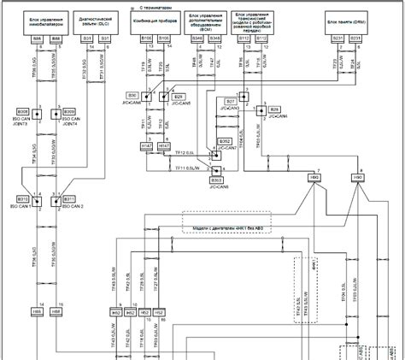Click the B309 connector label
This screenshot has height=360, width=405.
point(69,111)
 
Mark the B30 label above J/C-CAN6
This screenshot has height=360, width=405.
point(132,95)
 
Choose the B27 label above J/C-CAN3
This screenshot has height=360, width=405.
point(229,99)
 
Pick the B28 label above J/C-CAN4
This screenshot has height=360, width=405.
point(274,110)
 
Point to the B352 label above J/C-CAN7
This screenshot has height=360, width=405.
point(226,140)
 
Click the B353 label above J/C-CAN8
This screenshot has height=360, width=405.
point(217,180)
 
